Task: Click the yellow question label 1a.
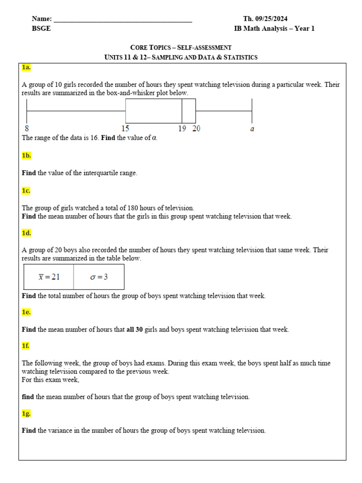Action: click(x=26, y=67)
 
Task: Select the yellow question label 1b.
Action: click(x=26, y=155)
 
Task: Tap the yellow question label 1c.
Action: click(x=26, y=191)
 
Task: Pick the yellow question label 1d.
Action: click(x=26, y=233)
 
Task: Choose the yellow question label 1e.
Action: click(x=26, y=312)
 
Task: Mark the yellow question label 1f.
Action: click(x=26, y=346)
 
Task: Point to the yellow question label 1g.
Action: click(x=26, y=413)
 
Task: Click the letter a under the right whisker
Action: click(x=252, y=129)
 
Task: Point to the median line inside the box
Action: click(x=182, y=111)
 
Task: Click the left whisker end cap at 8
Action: click(x=27, y=111)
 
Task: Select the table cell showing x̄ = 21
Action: click(x=49, y=277)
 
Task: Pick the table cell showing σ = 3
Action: click(x=99, y=277)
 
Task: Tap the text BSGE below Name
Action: click(x=41, y=29)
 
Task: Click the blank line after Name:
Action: click(x=123, y=20)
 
